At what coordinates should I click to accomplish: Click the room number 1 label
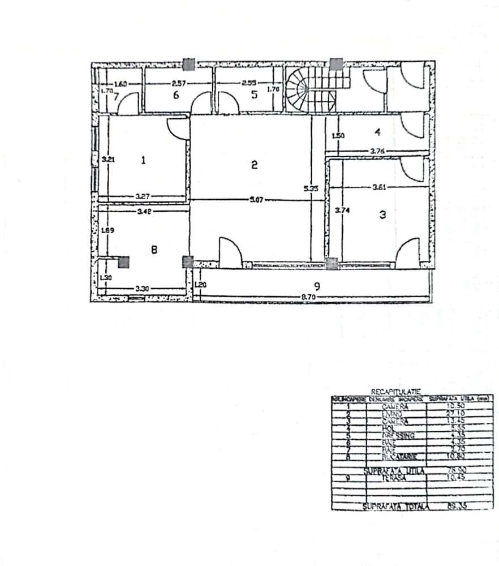point(143,160)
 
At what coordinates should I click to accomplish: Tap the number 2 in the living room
point(255,165)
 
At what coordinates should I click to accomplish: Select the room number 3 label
point(382,215)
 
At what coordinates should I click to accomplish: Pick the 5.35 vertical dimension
point(309,190)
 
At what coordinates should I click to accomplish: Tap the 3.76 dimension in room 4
point(378,151)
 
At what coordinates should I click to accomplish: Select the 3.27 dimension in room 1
point(142,196)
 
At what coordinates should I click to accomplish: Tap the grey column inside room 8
point(123,261)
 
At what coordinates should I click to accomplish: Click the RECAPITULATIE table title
point(388,391)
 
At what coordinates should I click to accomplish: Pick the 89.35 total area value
point(440,505)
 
